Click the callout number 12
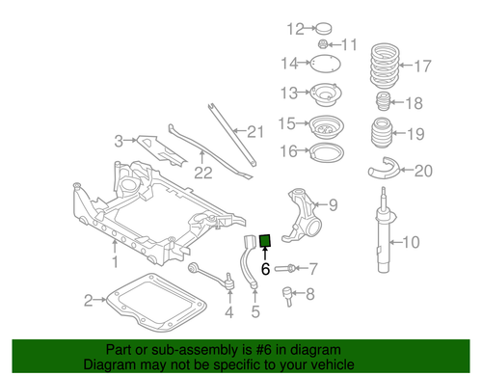point(294,28)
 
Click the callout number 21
point(254,132)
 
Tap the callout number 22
point(202,174)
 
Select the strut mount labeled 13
point(326,94)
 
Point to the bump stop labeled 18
point(381,103)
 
